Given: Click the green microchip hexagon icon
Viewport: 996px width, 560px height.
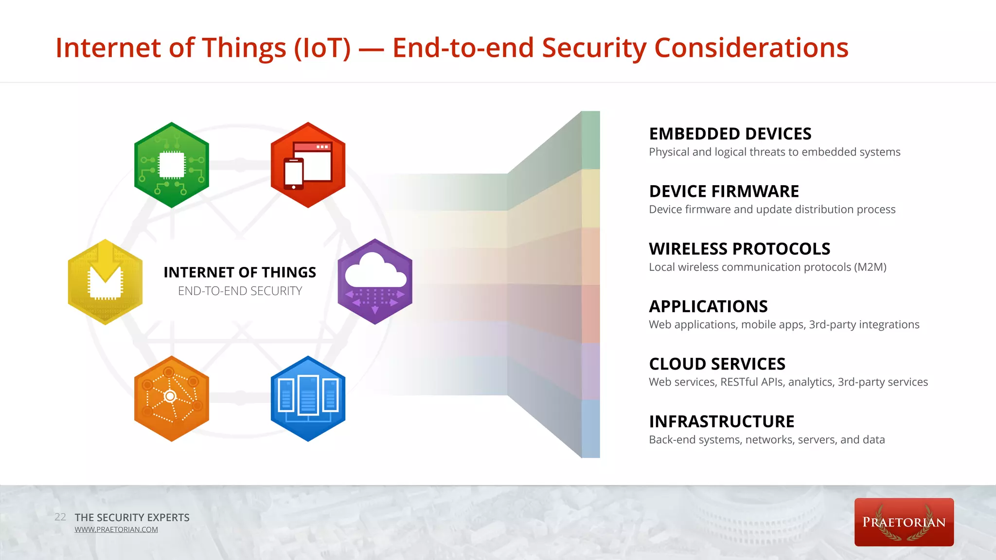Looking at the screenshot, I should tap(172, 165).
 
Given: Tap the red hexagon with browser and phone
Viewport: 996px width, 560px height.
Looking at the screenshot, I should tap(308, 165).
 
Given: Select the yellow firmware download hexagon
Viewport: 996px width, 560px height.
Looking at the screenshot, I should tap(105, 282).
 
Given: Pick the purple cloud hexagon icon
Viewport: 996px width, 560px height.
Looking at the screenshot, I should tap(375, 282).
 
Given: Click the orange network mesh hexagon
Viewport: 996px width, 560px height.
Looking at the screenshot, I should tap(172, 399).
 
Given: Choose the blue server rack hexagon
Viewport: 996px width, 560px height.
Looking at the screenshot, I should tap(308, 399).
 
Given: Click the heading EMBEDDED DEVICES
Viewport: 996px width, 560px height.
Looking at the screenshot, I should tap(730, 134).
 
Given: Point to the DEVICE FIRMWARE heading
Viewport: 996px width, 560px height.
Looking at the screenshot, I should tap(724, 192).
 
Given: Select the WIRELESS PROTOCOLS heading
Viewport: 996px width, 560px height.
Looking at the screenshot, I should tap(739, 249).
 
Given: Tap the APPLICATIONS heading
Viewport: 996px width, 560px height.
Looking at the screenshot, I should tap(708, 306).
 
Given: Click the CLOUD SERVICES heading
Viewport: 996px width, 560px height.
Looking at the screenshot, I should tap(717, 364).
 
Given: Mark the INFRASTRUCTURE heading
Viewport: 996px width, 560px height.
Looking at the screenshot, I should tap(721, 421).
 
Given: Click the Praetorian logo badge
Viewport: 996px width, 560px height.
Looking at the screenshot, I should tap(904, 522).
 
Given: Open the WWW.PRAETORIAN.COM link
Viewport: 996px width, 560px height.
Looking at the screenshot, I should tap(116, 529).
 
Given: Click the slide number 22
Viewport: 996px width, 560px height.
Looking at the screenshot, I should tap(60, 517).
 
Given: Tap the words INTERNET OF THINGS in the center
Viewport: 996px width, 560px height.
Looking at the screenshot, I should tap(240, 272).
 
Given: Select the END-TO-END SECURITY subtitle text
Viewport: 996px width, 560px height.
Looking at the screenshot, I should tap(240, 291).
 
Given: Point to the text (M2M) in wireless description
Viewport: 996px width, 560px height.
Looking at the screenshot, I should tap(870, 267).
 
